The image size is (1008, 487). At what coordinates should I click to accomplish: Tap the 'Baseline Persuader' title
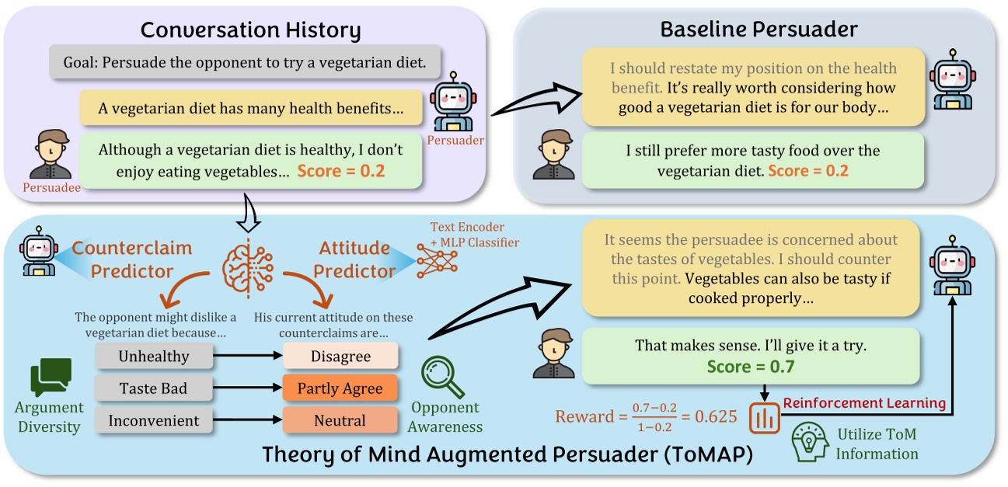point(759,30)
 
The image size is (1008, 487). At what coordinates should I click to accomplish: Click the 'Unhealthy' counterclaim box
point(153,357)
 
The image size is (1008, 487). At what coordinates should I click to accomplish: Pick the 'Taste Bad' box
point(153,388)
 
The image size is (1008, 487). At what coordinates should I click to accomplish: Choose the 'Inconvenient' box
point(153,421)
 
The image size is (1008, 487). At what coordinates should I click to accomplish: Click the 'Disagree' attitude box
point(340,357)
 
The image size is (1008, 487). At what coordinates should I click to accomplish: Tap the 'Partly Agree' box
point(340,388)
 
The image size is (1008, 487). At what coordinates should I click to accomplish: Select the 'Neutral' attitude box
point(340,421)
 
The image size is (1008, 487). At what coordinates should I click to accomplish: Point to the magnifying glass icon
point(441,378)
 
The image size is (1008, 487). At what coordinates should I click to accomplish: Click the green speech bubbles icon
point(51,378)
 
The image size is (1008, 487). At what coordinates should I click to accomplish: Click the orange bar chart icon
point(764,418)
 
